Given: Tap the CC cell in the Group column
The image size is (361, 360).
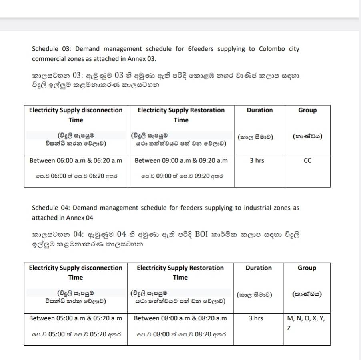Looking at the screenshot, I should pyautogui.click(x=307, y=161).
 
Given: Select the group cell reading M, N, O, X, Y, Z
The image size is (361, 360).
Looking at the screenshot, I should pyautogui.click(x=307, y=323).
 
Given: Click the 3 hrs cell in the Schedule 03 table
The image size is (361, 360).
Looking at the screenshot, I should pyautogui.click(x=257, y=161).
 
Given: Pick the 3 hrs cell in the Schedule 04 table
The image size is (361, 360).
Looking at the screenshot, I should pyautogui.click(x=256, y=318).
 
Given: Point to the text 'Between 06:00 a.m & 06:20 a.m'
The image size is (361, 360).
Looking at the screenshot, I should pyautogui.click(x=76, y=161).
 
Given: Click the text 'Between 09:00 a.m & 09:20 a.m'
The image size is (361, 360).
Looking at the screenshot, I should pyautogui.click(x=181, y=161).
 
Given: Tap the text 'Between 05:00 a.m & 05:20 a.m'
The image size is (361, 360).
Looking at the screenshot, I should pyautogui.click(x=76, y=318).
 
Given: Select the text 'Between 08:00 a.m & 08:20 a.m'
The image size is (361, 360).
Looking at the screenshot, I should pyautogui.click(x=180, y=318).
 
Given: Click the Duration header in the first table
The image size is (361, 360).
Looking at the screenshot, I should pyautogui.click(x=260, y=110).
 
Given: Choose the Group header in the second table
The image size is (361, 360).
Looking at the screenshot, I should pyautogui.click(x=307, y=268).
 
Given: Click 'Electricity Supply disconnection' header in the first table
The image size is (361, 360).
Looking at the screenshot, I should pyautogui.click(x=76, y=110).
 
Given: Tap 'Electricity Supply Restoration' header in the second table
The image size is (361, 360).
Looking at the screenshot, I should pyautogui.click(x=180, y=268).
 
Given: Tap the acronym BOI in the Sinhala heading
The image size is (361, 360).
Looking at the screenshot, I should pyautogui.click(x=203, y=234).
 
